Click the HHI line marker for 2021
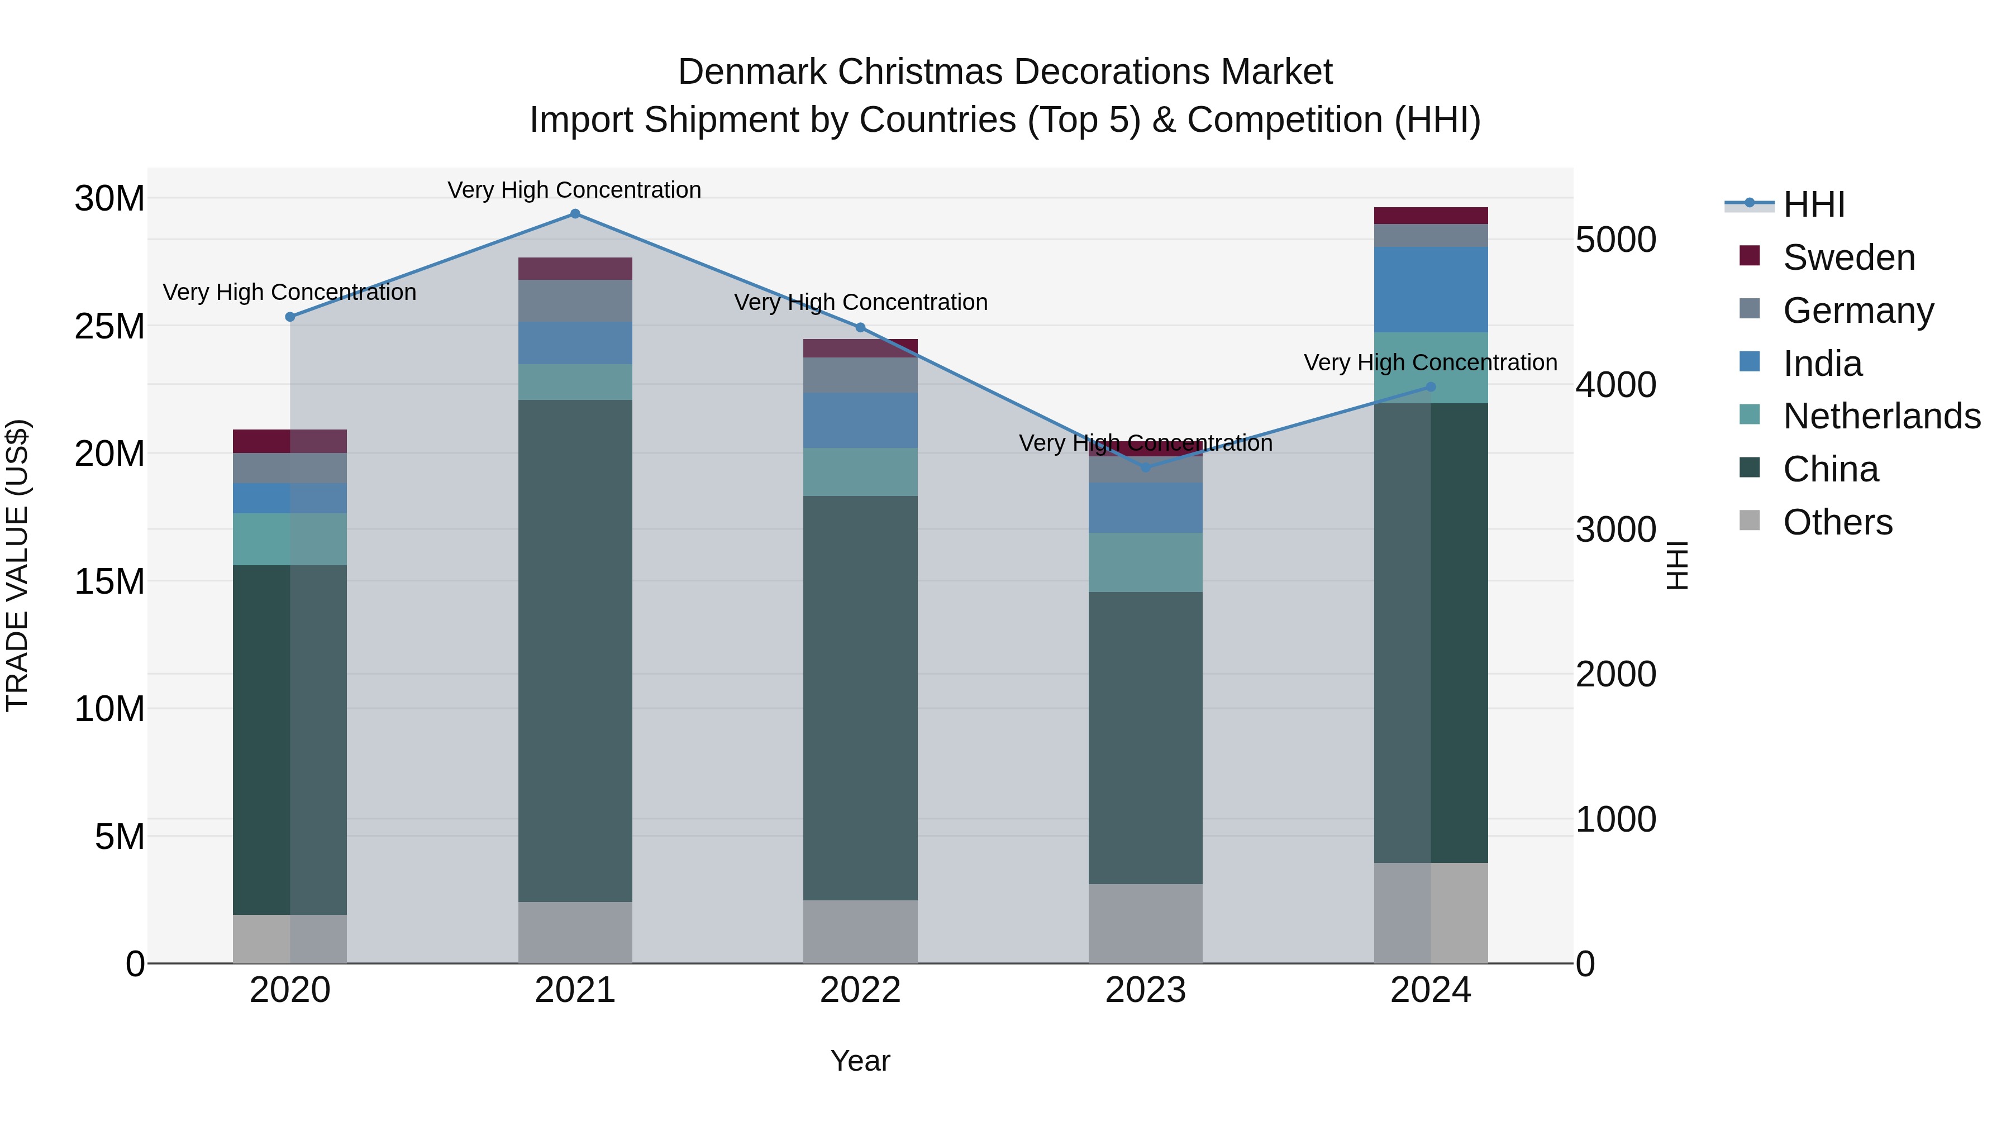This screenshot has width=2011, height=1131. click(x=575, y=214)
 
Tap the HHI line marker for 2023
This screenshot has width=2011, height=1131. click(x=1145, y=467)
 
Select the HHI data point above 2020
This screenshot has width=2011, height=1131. click(x=289, y=317)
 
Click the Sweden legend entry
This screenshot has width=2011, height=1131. click(x=1848, y=257)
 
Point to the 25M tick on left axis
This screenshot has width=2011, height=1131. click(x=109, y=326)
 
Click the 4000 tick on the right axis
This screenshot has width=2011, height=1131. click(x=1615, y=385)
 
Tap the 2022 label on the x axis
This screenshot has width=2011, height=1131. click(x=860, y=990)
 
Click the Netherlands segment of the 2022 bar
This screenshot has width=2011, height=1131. click(x=860, y=471)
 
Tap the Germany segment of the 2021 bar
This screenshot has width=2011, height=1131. click(x=575, y=300)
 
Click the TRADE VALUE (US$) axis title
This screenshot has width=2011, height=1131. click(x=17, y=565)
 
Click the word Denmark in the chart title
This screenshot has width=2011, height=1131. click(x=752, y=72)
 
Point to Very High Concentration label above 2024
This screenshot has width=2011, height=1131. click(x=1430, y=363)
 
